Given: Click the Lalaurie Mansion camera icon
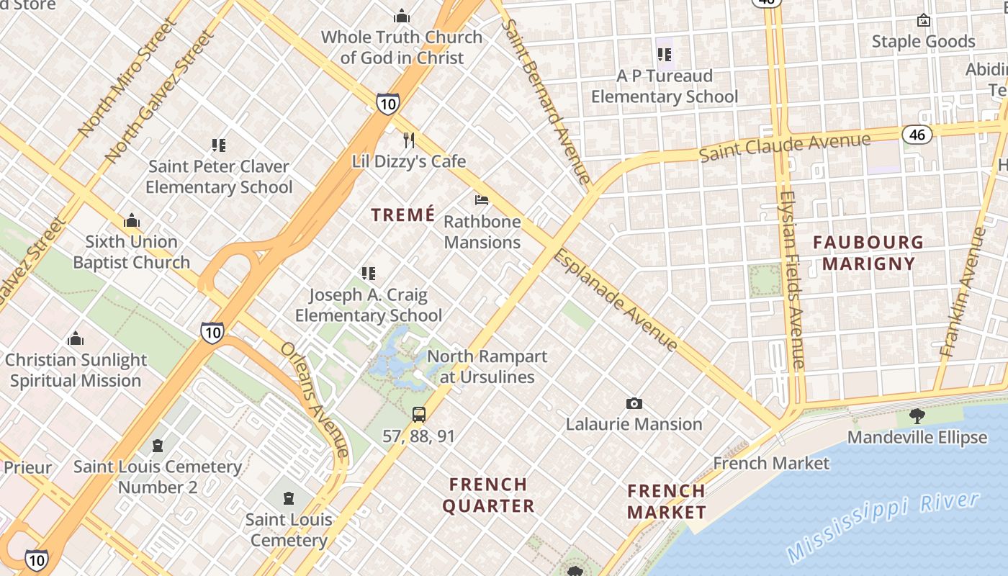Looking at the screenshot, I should [634, 403].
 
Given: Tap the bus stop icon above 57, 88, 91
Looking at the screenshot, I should [419, 415].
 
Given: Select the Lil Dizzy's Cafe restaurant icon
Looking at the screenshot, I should [409, 140].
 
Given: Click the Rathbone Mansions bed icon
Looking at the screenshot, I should [482, 199].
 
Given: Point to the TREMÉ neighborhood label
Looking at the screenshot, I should [403, 215].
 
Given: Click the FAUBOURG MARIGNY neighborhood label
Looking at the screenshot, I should [868, 253].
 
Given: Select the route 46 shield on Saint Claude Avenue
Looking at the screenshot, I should [916, 135].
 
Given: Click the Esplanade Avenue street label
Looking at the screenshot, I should [616, 300].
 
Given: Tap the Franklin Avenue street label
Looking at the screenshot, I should [963, 292].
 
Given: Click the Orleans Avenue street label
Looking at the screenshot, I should [315, 399].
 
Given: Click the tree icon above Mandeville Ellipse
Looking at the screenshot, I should [917, 415].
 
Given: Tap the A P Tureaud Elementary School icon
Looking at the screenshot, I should [665, 54].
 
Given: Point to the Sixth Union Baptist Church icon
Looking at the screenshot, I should [132, 220].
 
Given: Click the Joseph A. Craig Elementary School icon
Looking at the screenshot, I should [369, 274].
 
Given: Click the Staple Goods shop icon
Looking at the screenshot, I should [923, 20].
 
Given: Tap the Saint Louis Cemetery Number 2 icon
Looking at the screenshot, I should [158, 446].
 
